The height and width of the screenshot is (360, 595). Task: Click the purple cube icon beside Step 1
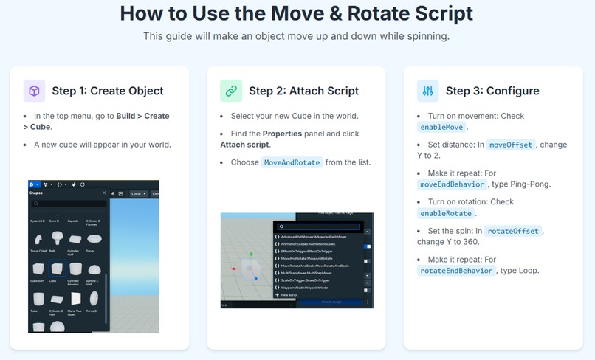point(34,91)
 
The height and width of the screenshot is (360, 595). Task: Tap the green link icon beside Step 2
point(231,91)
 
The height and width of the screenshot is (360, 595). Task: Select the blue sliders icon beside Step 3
point(427,91)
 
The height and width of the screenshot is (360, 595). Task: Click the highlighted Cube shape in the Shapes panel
point(57,269)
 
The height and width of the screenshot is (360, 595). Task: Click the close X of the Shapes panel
point(104,193)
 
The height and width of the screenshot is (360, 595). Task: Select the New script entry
point(290,294)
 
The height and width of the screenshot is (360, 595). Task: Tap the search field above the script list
point(319,227)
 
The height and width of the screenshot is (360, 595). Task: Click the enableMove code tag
point(441,127)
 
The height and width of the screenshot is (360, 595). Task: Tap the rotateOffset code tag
point(514,231)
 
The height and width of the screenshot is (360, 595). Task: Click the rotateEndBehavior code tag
point(455,271)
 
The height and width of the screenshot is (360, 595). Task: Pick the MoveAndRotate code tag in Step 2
point(292,162)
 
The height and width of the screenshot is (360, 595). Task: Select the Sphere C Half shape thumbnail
point(94,269)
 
